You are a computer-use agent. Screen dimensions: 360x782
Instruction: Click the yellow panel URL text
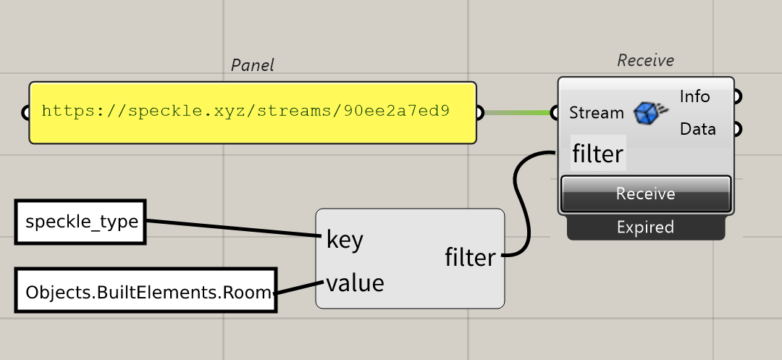(x=245, y=112)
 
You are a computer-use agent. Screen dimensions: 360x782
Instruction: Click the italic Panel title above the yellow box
(x=252, y=65)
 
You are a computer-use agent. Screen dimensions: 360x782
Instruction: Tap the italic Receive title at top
(x=645, y=61)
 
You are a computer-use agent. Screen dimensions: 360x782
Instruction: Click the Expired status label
(x=645, y=227)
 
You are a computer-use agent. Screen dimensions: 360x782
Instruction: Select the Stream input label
(x=596, y=113)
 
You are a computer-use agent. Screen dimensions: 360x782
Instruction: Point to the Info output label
(x=694, y=96)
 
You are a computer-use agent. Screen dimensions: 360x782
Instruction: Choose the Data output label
(x=697, y=129)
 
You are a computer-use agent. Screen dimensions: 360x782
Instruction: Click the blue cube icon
(x=649, y=112)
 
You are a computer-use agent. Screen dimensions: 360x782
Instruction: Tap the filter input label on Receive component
(x=597, y=154)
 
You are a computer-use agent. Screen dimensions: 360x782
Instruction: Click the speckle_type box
(x=81, y=222)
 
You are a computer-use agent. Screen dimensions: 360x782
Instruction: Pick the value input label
(x=355, y=282)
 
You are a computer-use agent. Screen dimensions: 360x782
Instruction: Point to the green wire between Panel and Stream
(x=517, y=113)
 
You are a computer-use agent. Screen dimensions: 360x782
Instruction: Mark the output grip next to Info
(x=737, y=96)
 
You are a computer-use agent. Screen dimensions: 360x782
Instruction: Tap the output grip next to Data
(x=737, y=130)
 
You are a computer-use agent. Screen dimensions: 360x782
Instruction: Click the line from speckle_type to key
(x=232, y=229)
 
